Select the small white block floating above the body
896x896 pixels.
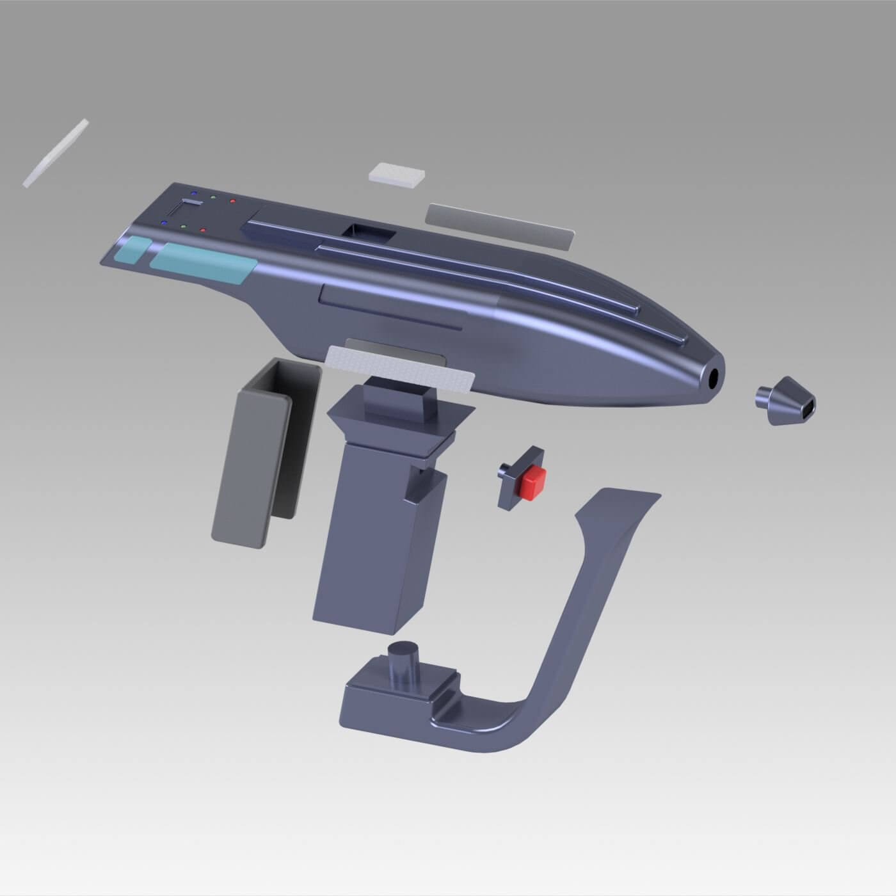click(x=397, y=174)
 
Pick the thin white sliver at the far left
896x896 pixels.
click(x=56, y=154)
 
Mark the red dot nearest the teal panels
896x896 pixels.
click(x=204, y=230)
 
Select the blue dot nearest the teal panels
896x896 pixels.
click(x=164, y=223)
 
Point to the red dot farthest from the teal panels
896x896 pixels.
click(x=232, y=201)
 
